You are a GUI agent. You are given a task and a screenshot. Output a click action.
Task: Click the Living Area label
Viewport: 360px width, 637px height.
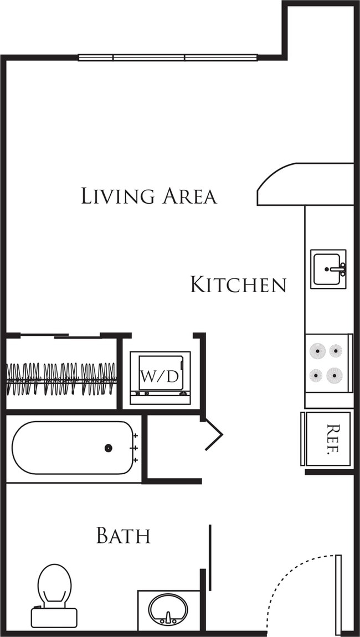(148, 196)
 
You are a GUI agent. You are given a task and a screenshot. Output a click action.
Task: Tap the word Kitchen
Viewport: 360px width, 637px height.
(238, 284)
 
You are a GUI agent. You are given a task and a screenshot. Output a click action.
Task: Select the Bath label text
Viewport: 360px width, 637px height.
(123, 535)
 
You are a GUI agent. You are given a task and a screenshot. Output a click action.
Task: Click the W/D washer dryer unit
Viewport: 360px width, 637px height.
(160, 376)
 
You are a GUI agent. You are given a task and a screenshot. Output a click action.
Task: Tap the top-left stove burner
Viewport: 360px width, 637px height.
(317, 350)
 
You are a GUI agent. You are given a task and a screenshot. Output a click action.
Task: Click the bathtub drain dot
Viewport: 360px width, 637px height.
(109, 448)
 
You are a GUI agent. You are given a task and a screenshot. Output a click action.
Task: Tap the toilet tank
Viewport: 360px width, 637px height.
(54, 617)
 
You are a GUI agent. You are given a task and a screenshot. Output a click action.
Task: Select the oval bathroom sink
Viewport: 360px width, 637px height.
(168, 609)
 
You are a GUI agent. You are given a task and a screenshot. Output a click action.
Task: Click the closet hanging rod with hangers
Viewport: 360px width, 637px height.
(61, 379)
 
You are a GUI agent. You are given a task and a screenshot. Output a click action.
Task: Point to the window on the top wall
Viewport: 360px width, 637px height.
(168, 57)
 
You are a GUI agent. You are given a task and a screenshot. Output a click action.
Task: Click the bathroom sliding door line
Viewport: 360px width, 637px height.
(210, 556)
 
